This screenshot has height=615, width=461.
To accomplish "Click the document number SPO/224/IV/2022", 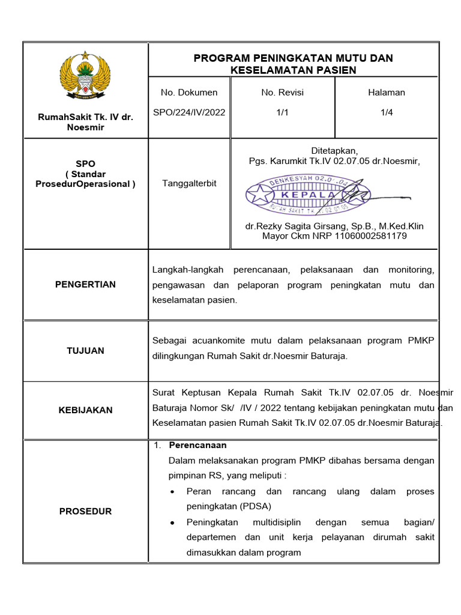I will (x=189, y=112).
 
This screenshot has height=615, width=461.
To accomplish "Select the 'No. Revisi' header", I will (x=282, y=92).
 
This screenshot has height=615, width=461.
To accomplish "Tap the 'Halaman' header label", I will (x=387, y=92).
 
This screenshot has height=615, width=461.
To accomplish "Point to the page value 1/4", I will (x=387, y=112).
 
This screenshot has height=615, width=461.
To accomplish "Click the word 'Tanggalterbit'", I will (x=189, y=184).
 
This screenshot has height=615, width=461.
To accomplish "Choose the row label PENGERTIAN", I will (x=85, y=284).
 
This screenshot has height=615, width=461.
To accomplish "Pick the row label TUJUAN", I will (x=85, y=350).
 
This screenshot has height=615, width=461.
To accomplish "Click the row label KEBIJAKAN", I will (x=85, y=410).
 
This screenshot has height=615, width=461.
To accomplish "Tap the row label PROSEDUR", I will (x=85, y=511).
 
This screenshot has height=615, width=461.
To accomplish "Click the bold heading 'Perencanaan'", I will (x=197, y=446).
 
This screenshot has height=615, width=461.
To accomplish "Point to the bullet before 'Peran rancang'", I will (x=173, y=492).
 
